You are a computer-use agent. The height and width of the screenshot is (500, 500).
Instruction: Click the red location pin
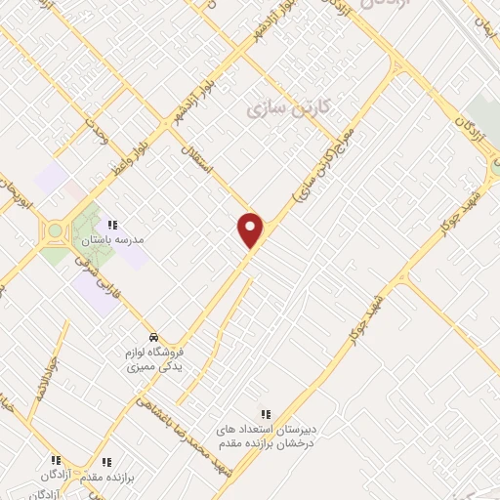tap(251, 229)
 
